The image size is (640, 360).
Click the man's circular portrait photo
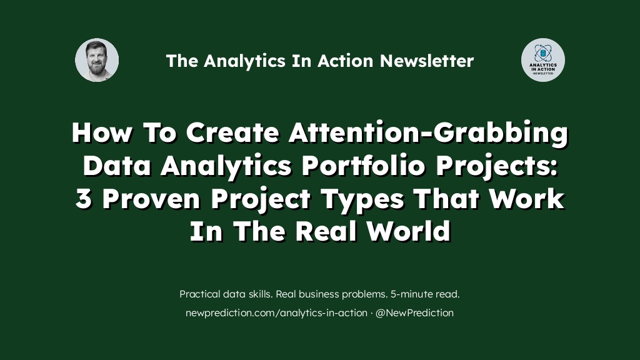coord(97,60)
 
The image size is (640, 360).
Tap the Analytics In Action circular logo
coord(543,60)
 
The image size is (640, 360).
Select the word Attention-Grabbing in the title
coord(427,133)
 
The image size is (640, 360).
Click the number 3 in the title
coord(84,199)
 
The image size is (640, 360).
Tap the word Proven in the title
coord(151,199)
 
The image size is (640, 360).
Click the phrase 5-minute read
coord(425,294)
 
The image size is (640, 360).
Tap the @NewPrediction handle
coord(414,312)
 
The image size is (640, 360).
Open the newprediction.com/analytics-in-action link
coord(276,313)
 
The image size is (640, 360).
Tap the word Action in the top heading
coord(345,61)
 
